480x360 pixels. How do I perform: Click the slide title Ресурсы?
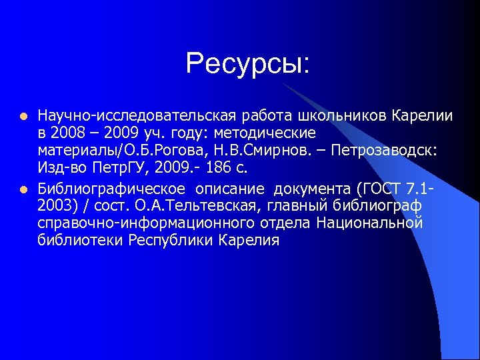(248, 64)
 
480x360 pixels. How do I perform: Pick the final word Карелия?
(249, 239)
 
